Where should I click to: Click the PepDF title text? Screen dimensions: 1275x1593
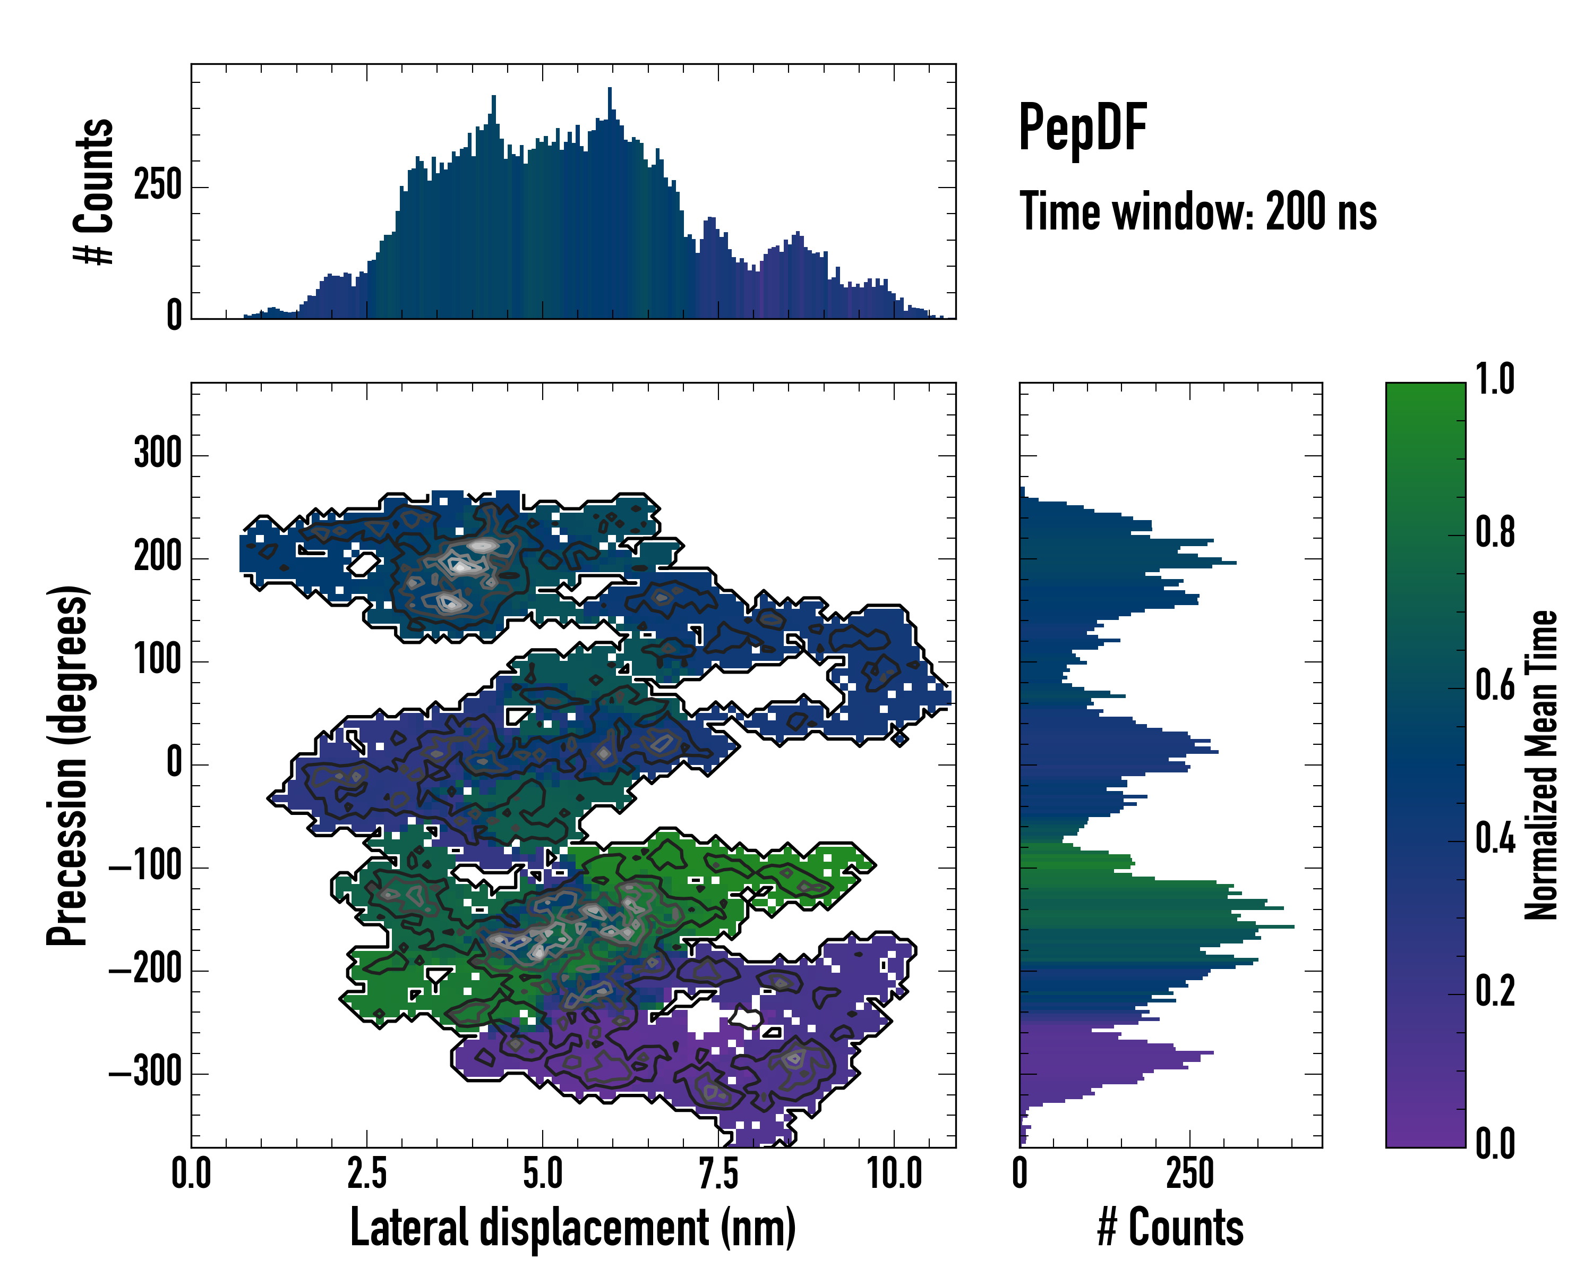1082,128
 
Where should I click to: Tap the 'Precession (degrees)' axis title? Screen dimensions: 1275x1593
67,765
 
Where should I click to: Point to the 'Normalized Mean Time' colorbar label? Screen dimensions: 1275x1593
1540,765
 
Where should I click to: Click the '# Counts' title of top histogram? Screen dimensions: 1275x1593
94,191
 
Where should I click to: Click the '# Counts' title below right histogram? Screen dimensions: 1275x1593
1170,1227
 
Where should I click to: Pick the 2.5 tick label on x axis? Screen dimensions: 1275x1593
367,1174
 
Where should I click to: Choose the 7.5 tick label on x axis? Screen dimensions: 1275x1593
718,1174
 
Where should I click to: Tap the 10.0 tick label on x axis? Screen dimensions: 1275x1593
894,1174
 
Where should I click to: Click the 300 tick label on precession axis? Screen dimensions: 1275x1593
157,453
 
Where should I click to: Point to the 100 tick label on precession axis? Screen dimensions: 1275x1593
157,659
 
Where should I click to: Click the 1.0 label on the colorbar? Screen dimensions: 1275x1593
1495,380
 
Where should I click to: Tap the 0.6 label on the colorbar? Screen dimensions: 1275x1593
1495,686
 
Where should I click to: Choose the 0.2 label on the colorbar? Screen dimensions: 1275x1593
1495,991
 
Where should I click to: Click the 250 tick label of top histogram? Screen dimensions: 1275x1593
157,185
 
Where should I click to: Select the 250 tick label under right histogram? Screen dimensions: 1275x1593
1189,1174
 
